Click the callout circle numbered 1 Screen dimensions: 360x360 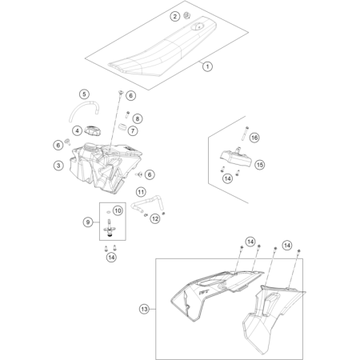[x=207, y=66]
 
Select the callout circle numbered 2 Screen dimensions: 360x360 [x=175, y=17]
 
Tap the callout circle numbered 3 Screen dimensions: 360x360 [x=58, y=166]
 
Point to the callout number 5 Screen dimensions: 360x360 [x=84, y=94]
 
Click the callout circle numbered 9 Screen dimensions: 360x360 [x=88, y=222]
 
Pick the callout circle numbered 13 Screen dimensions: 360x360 [x=144, y=310]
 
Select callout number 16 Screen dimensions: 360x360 [x=254, y=138]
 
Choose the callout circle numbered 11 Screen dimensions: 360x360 [x=141, y=192]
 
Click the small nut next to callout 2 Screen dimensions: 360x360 [x=187, y=16]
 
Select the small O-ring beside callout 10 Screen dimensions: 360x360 [x=108, y=211]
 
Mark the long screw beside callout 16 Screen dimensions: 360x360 [x=245, y=133]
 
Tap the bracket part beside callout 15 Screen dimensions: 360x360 [x=235, y=158]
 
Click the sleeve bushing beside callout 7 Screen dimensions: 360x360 [x=122, y=126]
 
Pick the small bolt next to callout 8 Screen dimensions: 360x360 [x=127, y=114]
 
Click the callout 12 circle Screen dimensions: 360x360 [x=155, y=219]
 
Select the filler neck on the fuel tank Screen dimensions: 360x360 [x=90, y=146]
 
